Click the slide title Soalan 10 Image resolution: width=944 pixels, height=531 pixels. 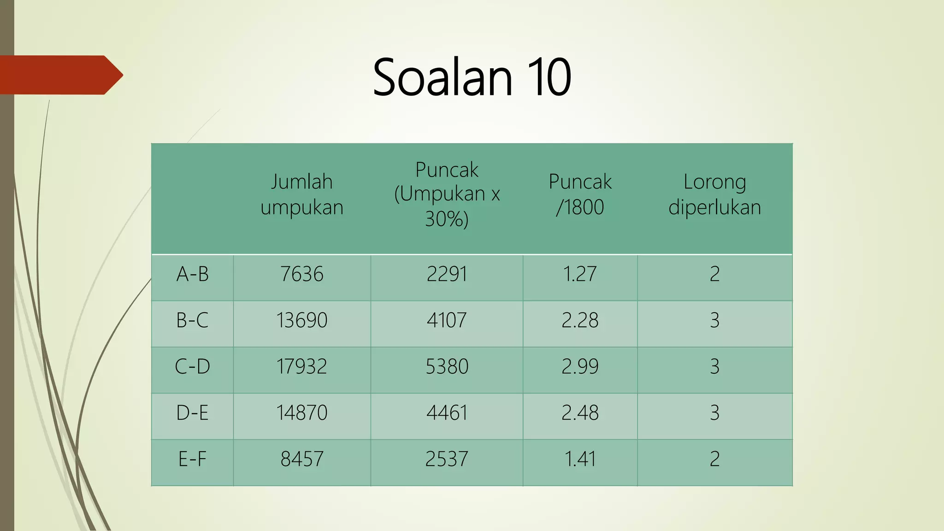click(472, 77)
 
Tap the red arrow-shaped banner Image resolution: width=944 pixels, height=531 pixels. click(60, 75)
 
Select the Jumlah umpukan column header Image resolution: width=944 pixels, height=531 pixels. click(302, 195)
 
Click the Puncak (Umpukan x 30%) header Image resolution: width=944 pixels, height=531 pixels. click(447, 195)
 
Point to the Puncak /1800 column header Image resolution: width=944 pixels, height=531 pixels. click(580, 195)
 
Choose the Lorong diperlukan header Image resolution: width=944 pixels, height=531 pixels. click(714, 195)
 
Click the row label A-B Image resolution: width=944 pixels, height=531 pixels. click(193, 274)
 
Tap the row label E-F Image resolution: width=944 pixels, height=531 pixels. click(193, 459)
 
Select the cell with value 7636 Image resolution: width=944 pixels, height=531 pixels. click(302, 274)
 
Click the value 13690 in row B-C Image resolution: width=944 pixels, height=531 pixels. click(302, 320)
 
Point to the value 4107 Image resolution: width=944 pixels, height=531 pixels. click(447, 320)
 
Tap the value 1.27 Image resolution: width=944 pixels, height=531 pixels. click(580, 274)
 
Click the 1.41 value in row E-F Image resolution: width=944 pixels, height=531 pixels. click(580, 459)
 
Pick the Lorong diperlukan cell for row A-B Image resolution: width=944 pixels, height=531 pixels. click(714, 274)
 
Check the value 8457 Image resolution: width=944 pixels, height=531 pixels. click(302, 459)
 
